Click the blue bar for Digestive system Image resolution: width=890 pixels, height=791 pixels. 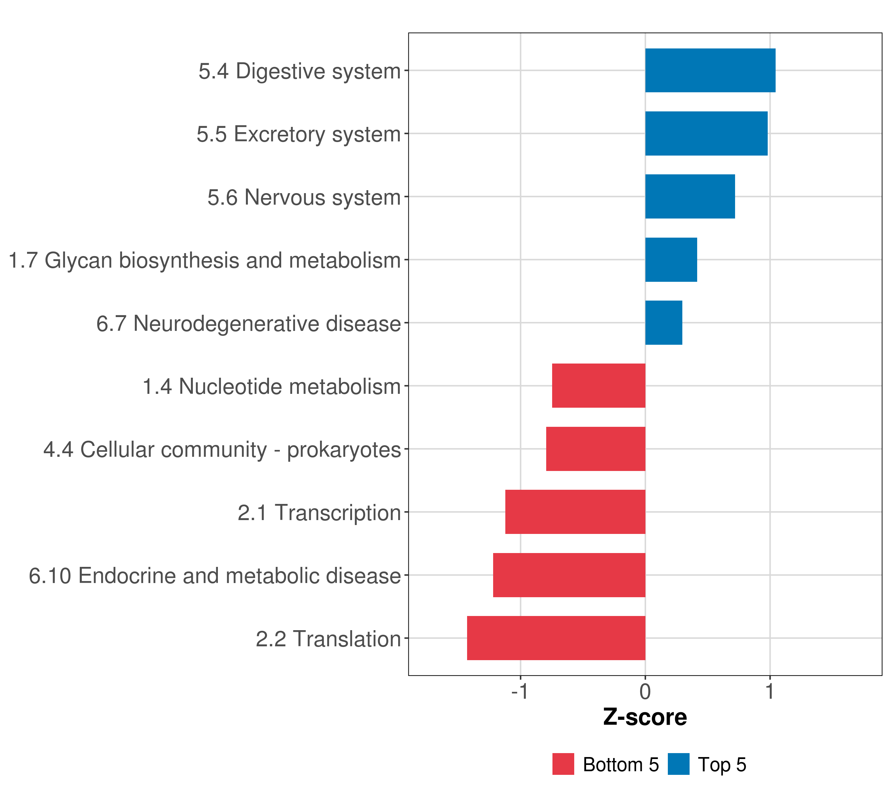click(x=710, y=71)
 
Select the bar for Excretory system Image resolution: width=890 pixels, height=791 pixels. click(x=706, y=134)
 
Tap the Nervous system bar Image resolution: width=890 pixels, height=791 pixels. click(x=690, y=196)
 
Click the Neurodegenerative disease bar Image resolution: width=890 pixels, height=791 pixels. click(x=663, y=323)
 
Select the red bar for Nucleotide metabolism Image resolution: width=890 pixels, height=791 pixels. click(x=598, y=386)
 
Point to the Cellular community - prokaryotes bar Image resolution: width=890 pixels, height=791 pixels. click(x=595, y=449)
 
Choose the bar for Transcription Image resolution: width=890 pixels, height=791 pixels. click(x=575, y=512)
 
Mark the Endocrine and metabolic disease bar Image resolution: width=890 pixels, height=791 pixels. click(x=569, y=575)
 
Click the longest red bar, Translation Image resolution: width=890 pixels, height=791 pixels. click(x=556, y=638)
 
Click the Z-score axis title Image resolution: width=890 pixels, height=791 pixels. click(x=645, y=717)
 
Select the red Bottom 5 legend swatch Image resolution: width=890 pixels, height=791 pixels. click(x=563, y=764)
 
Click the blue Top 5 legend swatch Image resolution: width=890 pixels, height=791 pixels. click(x=678, y=764)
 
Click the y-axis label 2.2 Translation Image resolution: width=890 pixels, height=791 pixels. click(x=328, y=639)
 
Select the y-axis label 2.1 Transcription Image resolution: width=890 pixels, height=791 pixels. click(x=319, y=513)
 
